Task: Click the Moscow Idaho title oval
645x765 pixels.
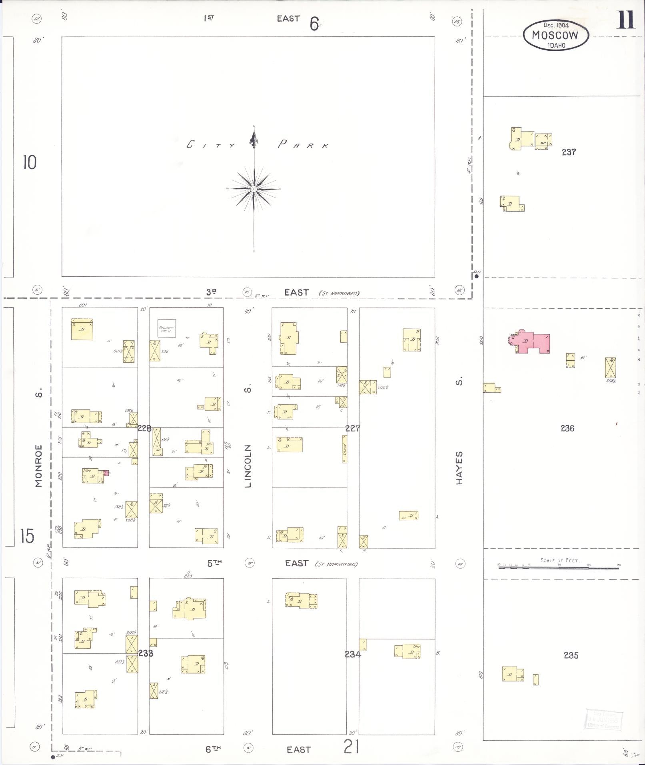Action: (556, 35)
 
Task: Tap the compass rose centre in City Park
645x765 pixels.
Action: (254, 189)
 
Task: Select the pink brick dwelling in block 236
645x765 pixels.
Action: (531, 342)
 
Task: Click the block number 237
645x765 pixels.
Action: (568, 152)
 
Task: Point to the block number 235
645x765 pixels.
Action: (571, 655)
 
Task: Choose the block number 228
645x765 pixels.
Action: (144, 428)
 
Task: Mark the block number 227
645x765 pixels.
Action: (353, 428)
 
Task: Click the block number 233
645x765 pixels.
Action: (146, 653)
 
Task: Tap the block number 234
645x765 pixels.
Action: (353, 654)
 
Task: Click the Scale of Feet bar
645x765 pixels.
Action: (559, 567)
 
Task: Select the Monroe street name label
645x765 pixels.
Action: (39, 465)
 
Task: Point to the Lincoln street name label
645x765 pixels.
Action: (248, 466)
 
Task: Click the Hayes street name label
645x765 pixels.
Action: (459, 468)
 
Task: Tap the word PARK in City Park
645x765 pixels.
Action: (303, 145)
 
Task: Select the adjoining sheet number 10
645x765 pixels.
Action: (29, 162)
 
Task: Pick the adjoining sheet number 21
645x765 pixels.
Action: (351, 746)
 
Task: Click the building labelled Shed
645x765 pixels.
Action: (344, 449)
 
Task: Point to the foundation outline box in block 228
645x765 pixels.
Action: (166, 328)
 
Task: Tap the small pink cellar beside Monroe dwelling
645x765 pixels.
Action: (106, 473)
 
